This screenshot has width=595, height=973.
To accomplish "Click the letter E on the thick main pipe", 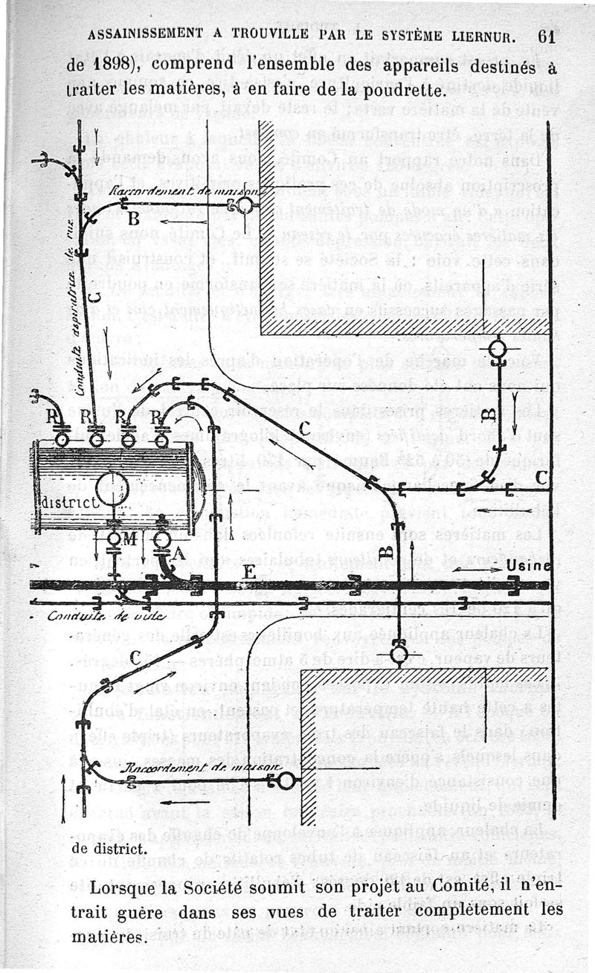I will pyautogui.click(x=250, y=571).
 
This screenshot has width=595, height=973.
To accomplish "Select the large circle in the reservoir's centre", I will pyautogui.click(x=112, y=489).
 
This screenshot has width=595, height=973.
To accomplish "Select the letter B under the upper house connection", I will pyautogui.click(x=134, y=219).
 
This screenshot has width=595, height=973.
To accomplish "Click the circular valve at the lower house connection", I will pyautogui.click(x=286, y=781).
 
